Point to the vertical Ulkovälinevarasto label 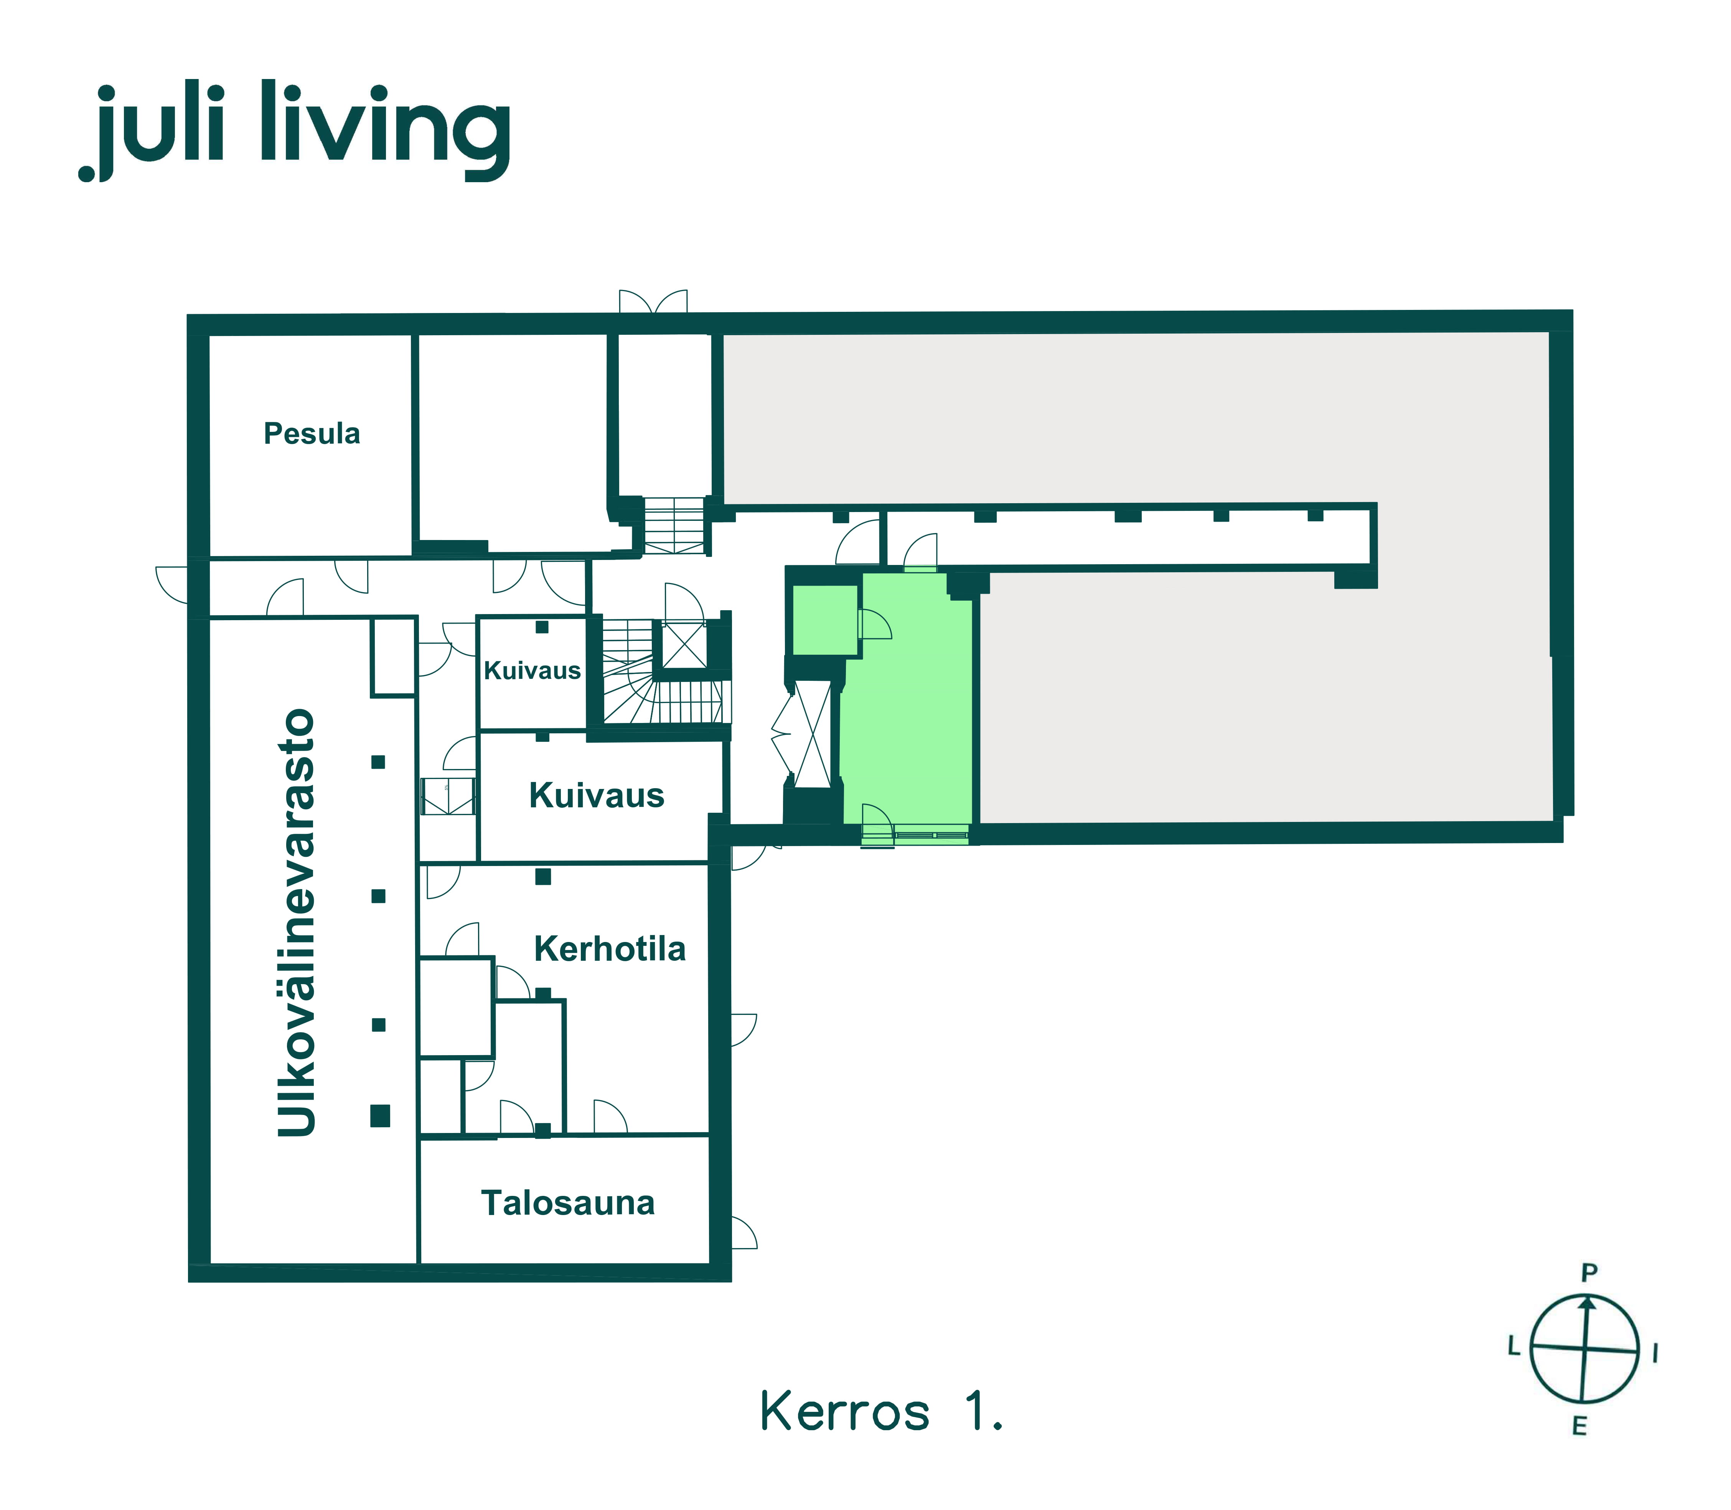(x=297, y=923)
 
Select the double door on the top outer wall (x=653, y=302)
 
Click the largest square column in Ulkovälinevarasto (x=380, y=1116)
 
